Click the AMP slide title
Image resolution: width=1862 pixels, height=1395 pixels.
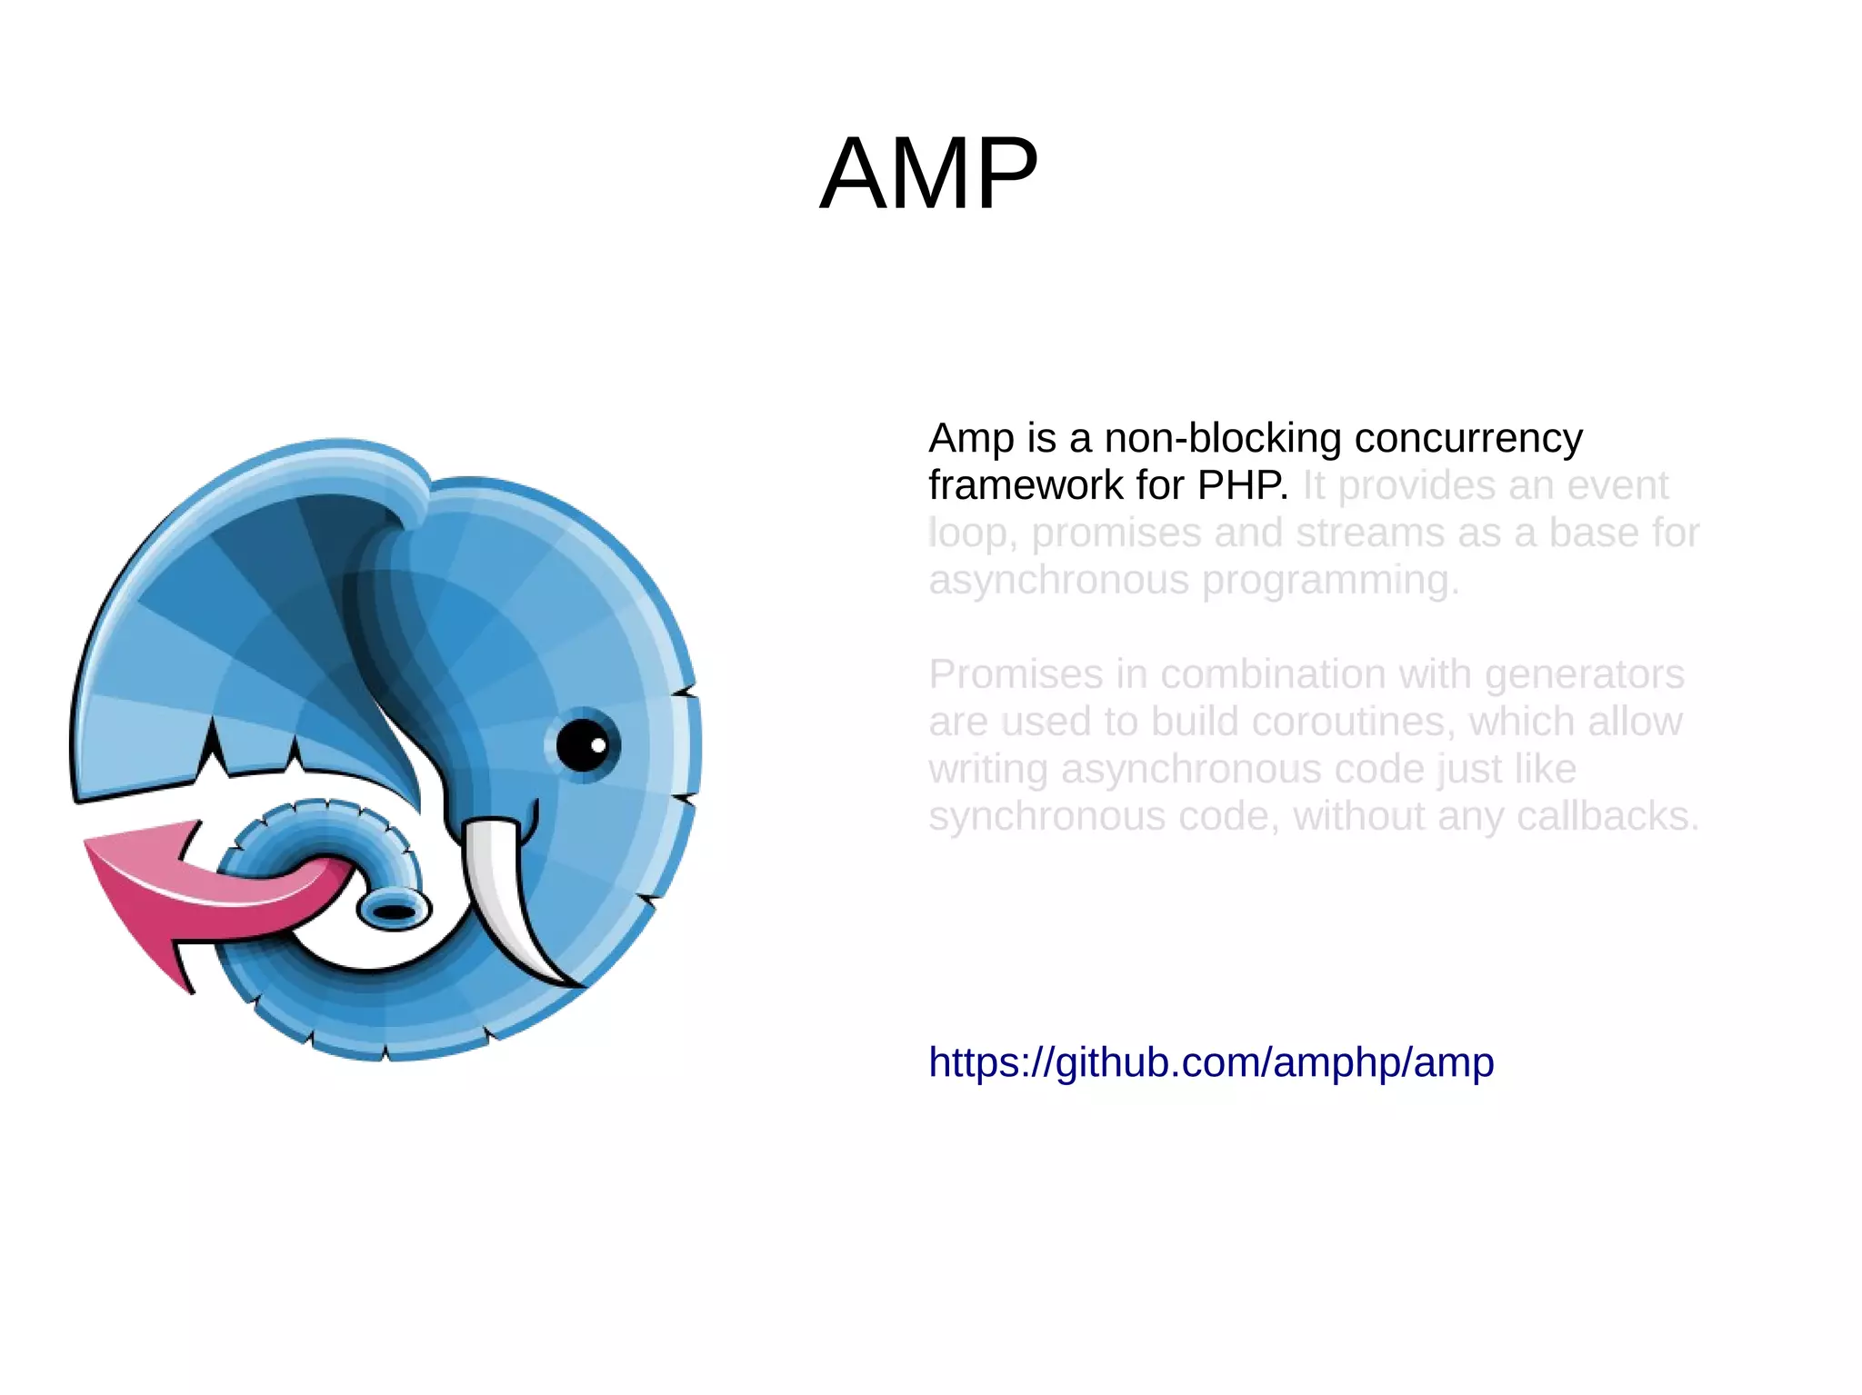click(928, 173)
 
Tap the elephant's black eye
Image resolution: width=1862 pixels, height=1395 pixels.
click(583, 745)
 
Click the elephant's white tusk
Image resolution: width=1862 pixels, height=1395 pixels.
click(509, 900)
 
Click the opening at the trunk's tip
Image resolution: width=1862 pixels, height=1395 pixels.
click(394, 910)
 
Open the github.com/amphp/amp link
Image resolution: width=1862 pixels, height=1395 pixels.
click(1210, 1061)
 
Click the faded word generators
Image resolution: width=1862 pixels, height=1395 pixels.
click(1584, 674)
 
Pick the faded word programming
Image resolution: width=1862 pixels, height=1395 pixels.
click(1331, 580)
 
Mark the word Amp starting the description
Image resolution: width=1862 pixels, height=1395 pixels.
click(971, 438)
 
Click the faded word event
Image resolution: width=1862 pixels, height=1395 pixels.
click(1617, 485)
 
